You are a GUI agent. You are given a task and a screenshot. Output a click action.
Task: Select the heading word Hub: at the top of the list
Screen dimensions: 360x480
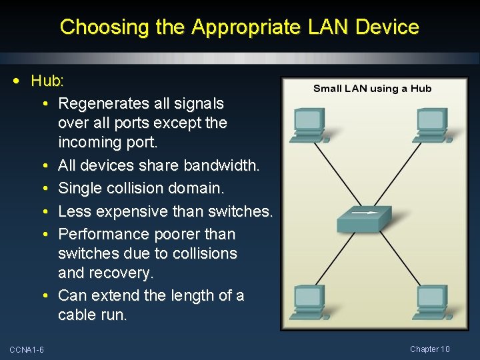[47, 81]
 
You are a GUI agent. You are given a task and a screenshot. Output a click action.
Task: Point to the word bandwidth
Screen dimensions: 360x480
[224, 165]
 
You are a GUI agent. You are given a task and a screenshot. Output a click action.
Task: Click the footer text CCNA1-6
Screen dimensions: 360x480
[27, 350]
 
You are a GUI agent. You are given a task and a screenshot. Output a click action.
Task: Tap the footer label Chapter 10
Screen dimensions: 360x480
[430, 349]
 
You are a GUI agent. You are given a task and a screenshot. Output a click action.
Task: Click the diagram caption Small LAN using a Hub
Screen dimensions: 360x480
[372, 89]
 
